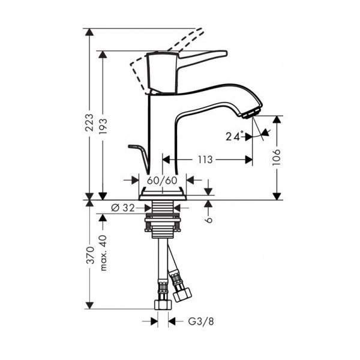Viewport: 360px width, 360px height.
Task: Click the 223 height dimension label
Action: (x=89, y=122)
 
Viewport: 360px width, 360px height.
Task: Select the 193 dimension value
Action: (x=103, y=127)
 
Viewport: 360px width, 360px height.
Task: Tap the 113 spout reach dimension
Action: (x=205, y=160)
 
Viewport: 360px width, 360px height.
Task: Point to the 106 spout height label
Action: (x=277, y=157)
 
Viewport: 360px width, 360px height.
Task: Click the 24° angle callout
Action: (x=235, y=136)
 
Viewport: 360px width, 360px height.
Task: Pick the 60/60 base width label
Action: (x=163, y=181)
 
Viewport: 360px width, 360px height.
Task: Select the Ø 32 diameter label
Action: (x=123, y=208)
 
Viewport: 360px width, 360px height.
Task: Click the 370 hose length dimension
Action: (x=90, y=256)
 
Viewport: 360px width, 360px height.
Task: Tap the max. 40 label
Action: (x=103, y=253)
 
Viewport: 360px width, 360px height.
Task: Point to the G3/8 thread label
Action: (x=201, y=322)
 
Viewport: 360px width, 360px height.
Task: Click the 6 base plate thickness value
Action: (x=209, y=220)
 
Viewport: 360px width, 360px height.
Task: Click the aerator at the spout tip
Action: (x=251, y=113)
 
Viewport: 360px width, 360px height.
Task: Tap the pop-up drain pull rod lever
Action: (x=139, y=158)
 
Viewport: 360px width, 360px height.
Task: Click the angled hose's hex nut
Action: (x=182, y=295)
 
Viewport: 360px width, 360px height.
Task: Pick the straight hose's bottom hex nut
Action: (x=163, y=304)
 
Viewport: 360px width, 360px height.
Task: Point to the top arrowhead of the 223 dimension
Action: (x=89, y=32)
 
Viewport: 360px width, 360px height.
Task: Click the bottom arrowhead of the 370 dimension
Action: (x=89, y=305)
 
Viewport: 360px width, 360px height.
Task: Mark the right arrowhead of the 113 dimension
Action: (x=248, y=160)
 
